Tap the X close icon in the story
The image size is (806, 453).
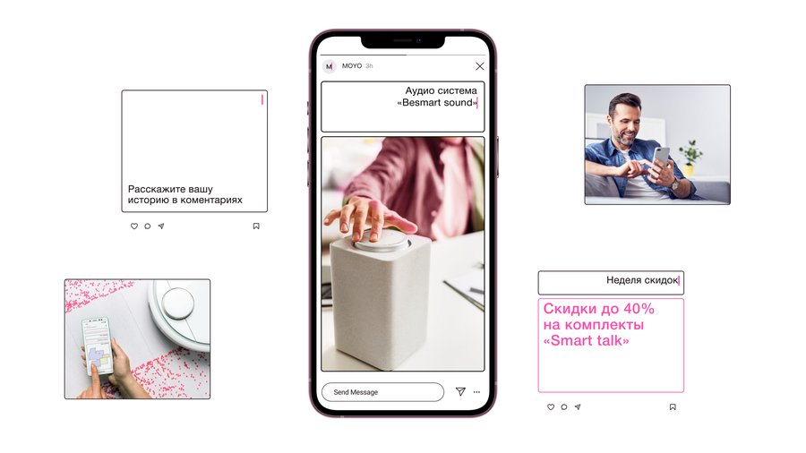(x=480, y=66)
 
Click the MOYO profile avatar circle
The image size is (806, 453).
(x=329, y=66)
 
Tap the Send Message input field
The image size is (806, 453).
(x=382, y=392)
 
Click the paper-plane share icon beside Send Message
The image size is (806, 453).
(x=460, y=391)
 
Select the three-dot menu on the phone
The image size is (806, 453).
(x=476, y=392)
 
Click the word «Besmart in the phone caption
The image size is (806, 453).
(x=419, y=103)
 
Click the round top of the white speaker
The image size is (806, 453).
(x=382, y=240)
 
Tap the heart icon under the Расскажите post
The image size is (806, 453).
(x=134, y=226)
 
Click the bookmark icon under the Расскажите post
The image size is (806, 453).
(x=256, y=226)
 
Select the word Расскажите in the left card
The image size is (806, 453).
(x=153, y=189)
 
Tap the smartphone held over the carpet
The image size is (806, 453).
(x=97, y=345)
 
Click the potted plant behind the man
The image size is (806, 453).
(x=690, y=157)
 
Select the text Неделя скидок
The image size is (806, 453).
(x=642, y=280)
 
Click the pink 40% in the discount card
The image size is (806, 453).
(x=639, y=309)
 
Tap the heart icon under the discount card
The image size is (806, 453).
(x=551, y=406)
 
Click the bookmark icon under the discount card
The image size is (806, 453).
(x=673, y=406)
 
